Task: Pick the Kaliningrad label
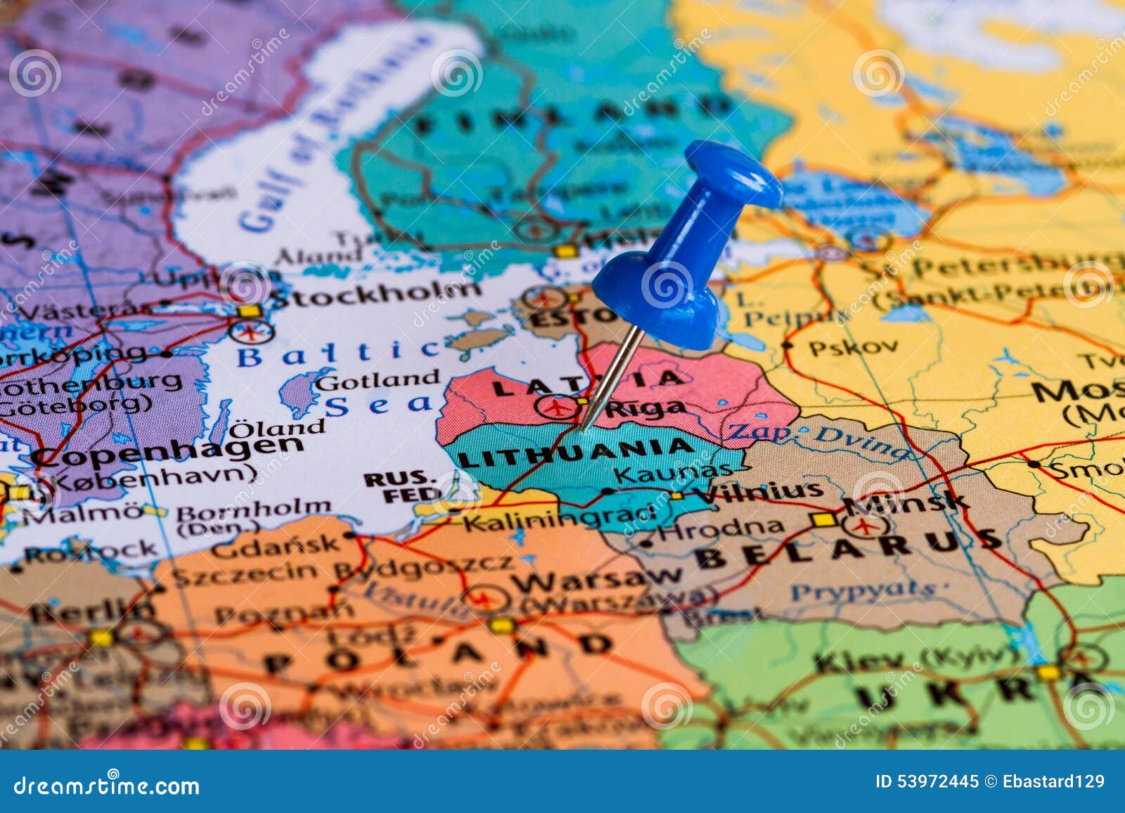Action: pyautogui.click(x=559, y=519)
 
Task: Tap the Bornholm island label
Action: pyautogui.click(x=253, y=508)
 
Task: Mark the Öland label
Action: pyautogui.click(x=278, y=427)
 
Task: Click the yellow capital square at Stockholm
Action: pyautogui.click(x=248, y=311)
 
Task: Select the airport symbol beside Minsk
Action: pyautogui.click(x=863, y=526)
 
